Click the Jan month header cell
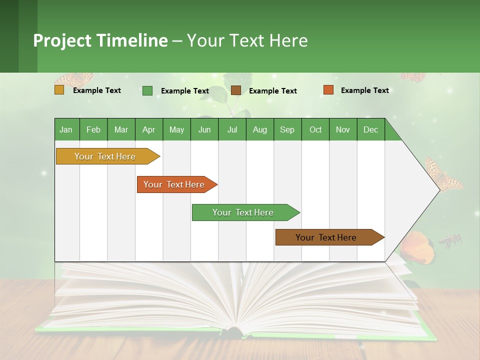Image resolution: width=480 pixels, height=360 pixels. click(x=66, y=129)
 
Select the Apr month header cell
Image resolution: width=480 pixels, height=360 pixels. click(x=148, y=129)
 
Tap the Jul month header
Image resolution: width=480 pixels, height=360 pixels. click(x=232, y=129)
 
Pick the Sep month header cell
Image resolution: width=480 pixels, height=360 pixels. click(x=287, y=129)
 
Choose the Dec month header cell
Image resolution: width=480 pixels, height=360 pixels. click(x=370, y=129)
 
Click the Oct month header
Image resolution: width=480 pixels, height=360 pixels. click(x=315, y=129)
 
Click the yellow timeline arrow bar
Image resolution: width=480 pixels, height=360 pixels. click(x=105, y=156)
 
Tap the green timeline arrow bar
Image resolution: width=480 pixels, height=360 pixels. click(x=243, y=212)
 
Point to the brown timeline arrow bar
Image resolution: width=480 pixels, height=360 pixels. click(x=326, y=237)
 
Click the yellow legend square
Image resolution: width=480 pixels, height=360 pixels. click(x=59, y=90)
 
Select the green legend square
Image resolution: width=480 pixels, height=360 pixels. click(x=147, y=90)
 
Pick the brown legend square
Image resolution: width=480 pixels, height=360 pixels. click(x=236, y=90)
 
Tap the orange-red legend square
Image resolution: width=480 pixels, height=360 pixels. click(x=328, y=90)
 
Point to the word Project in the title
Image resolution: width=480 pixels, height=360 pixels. click(x=62, y=40)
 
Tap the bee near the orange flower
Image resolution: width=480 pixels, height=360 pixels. click(x=450, y=241)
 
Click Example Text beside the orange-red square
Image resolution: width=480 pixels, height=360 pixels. click(x=364, y=90)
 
